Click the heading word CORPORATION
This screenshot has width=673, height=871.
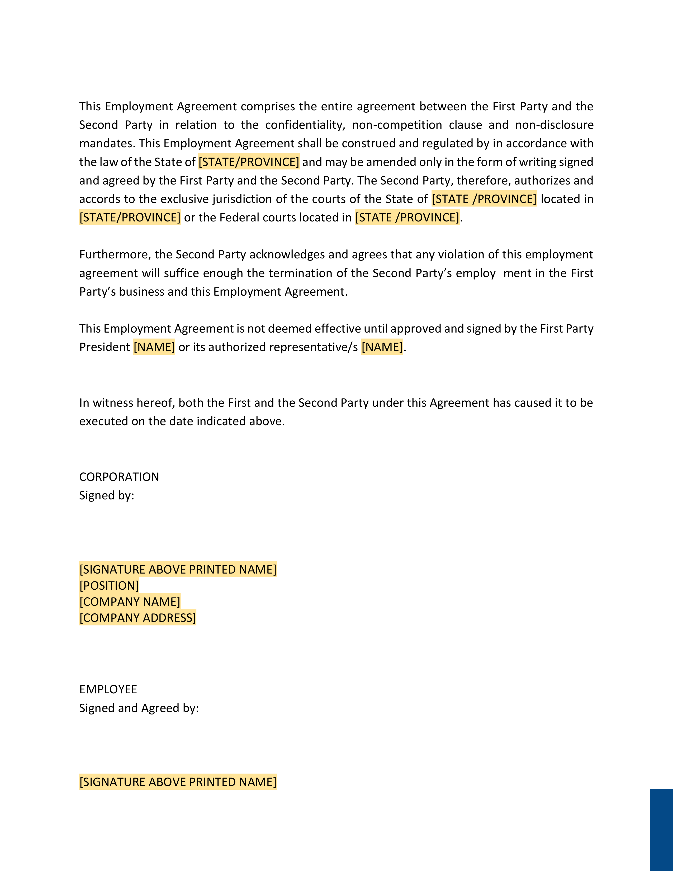[119, 477]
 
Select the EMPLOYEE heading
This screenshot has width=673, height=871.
[108, 689]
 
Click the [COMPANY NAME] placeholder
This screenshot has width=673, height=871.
[130, 602]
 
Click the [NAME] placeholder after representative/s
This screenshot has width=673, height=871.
[382, 347]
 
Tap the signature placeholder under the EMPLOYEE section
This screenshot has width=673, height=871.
[178, 782]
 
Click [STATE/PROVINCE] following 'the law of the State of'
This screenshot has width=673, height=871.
[249, 162]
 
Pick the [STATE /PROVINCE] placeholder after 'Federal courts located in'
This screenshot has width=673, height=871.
[407, 217]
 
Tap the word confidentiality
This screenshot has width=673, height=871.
[305, 125]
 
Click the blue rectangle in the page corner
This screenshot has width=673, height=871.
[661, 830]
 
